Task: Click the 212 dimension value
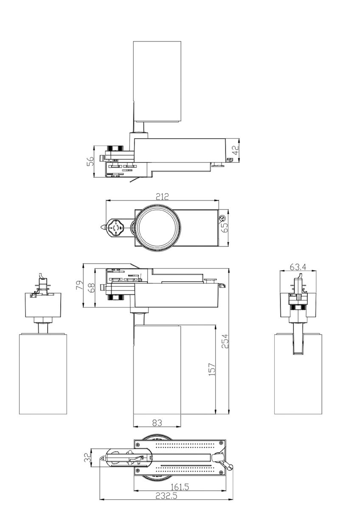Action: point(162,196)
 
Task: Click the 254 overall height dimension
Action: point(225,341)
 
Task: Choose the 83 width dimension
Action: point(157,422)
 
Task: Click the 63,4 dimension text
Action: point(298,267)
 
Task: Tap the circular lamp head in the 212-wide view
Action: point(157,227)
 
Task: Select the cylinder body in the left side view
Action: point(43,373)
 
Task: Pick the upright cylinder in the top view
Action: point(157,81)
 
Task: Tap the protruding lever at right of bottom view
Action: point(230,465)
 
